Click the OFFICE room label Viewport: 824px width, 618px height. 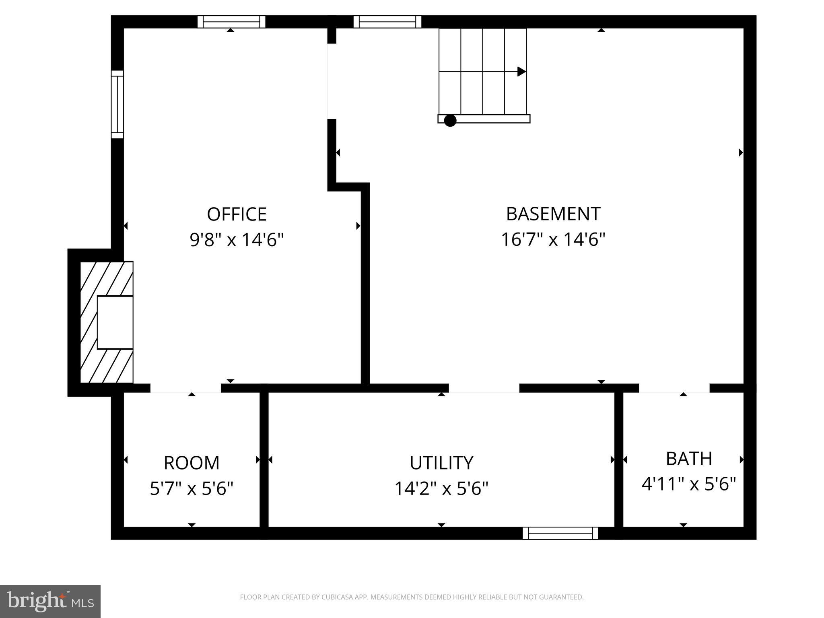(237, 214)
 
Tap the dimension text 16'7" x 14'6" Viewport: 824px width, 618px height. (553, 240)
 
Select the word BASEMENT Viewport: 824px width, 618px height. (553, 214)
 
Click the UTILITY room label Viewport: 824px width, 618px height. (441, 463)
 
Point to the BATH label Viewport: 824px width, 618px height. (689, 459)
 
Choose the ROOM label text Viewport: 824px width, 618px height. (192, 463)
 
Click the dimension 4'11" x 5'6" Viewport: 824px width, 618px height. (689, 484)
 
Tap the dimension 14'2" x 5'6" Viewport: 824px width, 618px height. (441, 489)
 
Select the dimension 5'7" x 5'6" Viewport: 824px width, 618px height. (192, 489)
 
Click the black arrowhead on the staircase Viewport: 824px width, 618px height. (521, 72)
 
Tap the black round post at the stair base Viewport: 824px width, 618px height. (450, 120)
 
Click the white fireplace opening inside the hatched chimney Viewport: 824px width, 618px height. (115, 322)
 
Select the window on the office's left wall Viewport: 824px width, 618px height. (117, 104)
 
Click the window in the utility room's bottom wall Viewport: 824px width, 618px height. (560, 533)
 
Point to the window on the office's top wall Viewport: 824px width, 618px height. (231, 22)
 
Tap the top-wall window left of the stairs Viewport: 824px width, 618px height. (387, 22)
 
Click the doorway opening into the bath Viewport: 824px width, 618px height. (674, 388)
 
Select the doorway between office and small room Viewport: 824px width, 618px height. (185, 388)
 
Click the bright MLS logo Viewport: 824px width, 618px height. (50, 601)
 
